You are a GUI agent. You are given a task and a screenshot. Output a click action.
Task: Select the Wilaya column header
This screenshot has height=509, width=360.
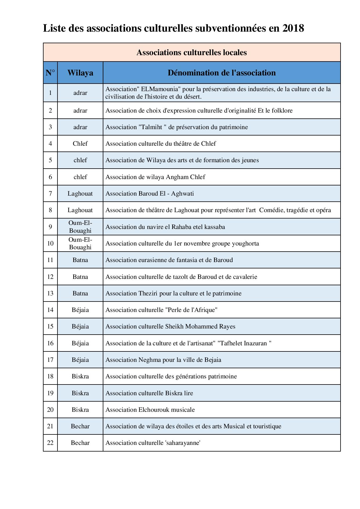pos(80,73)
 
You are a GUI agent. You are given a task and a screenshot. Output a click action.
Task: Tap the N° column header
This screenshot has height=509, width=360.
pos(50,73)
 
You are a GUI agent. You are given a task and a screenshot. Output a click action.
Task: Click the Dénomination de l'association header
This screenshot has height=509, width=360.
pos(222,73)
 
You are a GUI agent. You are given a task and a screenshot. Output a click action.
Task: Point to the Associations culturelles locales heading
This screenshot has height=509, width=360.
pos(192,53)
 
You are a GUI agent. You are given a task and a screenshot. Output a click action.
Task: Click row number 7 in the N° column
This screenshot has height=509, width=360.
pos(50,194)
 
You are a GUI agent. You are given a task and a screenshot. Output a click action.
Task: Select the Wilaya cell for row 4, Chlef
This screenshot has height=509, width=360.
pos(80,144)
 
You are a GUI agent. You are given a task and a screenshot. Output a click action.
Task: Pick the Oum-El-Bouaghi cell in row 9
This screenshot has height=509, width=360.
pos(80,227)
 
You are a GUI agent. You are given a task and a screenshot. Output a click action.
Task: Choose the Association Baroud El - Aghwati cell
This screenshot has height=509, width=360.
pos(150,194)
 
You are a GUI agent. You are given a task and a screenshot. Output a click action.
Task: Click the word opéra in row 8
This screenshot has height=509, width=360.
pos(323,210)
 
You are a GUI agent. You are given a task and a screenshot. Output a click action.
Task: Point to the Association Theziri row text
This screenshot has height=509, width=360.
pos(173,293)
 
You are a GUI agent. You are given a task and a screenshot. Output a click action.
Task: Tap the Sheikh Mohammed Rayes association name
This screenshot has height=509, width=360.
pos(200,326)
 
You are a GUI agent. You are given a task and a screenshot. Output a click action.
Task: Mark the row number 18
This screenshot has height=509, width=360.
pos(50,376)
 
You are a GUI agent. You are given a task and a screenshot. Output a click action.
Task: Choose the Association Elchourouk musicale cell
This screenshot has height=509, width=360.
pos(150,410)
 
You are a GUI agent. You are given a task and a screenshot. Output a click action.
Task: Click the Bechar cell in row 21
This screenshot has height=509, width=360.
pos(80,426)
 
